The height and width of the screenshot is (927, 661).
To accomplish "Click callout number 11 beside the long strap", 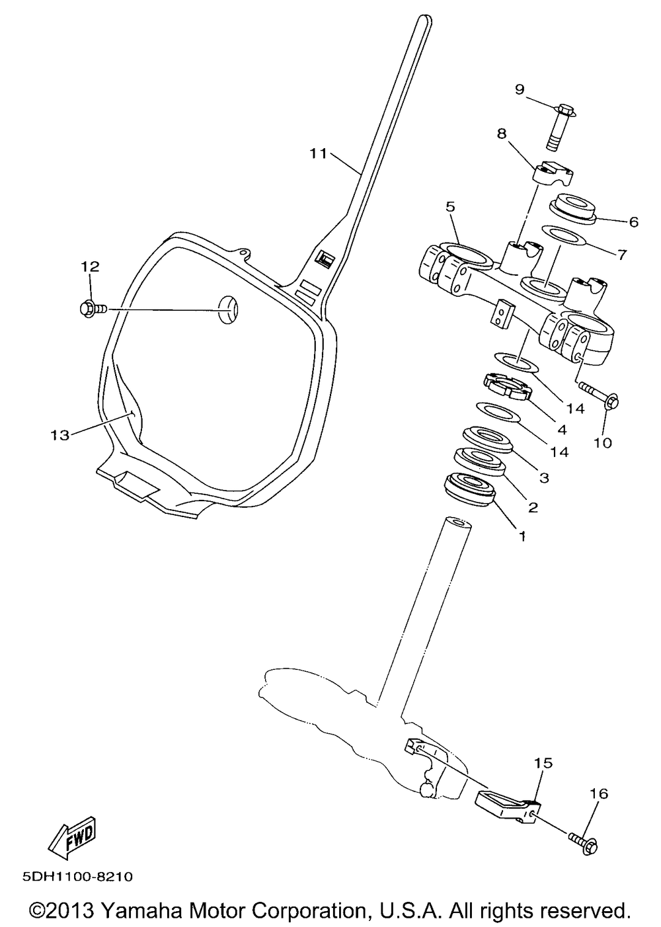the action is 319,153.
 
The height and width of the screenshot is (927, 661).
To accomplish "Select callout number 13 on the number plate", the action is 60,435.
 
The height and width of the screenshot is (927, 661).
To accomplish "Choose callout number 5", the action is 450,207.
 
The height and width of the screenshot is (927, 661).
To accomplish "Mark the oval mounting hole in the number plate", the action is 228,310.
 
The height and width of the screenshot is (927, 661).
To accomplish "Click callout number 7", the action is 623,254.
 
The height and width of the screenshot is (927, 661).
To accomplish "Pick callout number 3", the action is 545,478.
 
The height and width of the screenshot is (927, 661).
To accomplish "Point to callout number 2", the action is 533,506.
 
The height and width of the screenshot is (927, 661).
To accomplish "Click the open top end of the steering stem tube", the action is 457,523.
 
